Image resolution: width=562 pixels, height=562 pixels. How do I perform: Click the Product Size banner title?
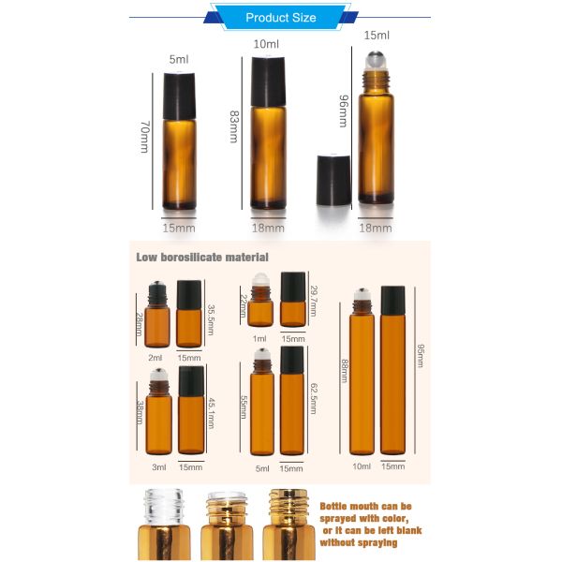click(x=280, y=18)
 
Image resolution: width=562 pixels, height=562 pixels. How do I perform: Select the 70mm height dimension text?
click(x=144, y=134)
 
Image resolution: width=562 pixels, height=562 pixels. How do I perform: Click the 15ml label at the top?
click(x=376, y=36)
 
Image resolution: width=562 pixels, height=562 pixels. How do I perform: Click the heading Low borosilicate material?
click(x=202, y=257)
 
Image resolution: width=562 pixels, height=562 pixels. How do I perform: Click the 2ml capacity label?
click(x=156, y=358)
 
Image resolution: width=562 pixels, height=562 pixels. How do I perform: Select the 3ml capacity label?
click(x=156, y=466)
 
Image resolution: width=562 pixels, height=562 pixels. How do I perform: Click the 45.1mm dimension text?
click(x=211, y=412)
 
